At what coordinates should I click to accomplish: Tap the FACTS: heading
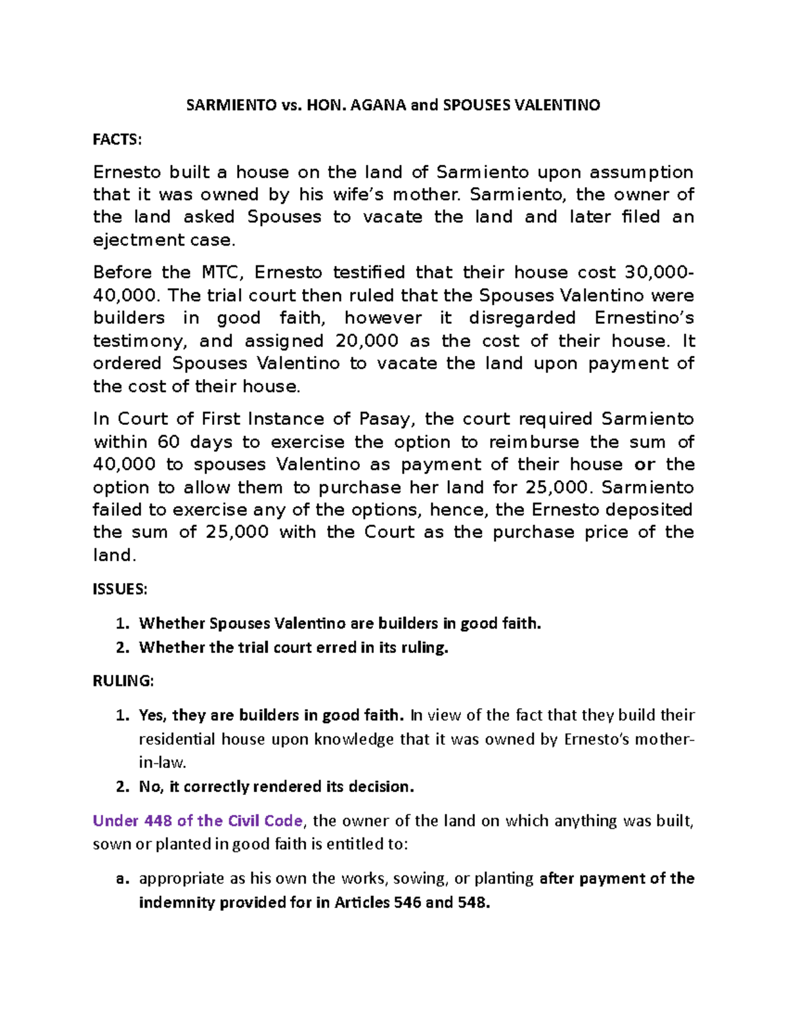pos(117,139)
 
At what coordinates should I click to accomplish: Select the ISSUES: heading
pos(120,589)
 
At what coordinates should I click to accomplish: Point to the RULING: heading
pos(123,681)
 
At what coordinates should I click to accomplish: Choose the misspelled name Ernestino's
pos(644,318)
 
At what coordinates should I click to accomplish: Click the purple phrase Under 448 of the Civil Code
pos(198,821)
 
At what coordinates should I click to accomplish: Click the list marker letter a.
pos(121,879)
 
